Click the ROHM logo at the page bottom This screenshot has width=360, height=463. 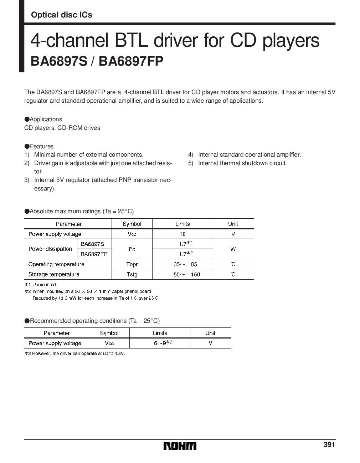(180, 446)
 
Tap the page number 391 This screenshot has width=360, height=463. (329, 445)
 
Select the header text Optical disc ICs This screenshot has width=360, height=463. (61, 15)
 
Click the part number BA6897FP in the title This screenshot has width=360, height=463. (131, 61)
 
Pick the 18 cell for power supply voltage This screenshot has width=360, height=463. (182, 234)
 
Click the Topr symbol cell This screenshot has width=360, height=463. (132, 264)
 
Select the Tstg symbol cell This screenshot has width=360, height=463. (132, 274)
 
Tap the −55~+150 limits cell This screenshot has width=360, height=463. (182, 274)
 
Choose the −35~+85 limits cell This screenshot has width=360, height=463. (182, 264)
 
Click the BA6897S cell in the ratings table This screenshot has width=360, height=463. (92, 244)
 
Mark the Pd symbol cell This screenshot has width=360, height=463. (132, 249)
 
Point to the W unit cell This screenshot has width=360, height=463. (233, 249)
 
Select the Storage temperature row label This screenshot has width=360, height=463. (54, 274)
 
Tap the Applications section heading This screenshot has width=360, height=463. (43, 119)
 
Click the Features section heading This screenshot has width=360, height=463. (39, 146)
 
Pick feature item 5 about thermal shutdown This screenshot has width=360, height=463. (237, 163)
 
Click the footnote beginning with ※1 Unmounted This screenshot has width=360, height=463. (40, 285)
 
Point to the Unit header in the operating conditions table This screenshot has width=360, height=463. (210, 333)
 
